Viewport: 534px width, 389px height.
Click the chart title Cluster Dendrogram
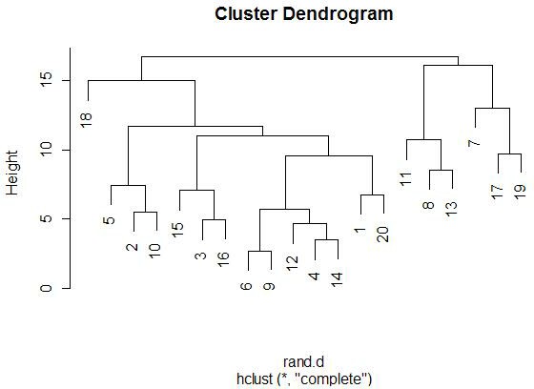tap(304, 14)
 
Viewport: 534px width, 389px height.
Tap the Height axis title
tap(11, 173)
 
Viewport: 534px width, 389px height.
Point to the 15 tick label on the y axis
tap(47, 80)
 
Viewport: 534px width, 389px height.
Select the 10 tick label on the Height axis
tap(47, 150)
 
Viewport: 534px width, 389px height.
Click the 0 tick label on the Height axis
tap(47, 288)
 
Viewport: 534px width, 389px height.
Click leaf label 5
tap(109, 220)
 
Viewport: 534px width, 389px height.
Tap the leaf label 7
tap(474, 143)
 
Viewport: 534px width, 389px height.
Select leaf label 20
tap(383, 235)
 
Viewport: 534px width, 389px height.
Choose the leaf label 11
tap(405, 179)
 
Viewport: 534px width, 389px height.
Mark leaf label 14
tap(337, 279)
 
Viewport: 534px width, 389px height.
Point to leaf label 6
tap(246, 286)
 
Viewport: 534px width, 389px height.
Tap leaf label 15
tap(177, 230)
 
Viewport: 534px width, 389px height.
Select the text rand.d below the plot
tap(303, 361)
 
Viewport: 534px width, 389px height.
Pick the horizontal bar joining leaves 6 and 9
tap(259, 252)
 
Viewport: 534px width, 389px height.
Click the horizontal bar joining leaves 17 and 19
tap(509, 154)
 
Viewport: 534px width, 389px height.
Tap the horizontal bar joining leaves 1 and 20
tap(372, 195)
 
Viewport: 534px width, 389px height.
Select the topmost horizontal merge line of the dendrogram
tap(299, 56)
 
